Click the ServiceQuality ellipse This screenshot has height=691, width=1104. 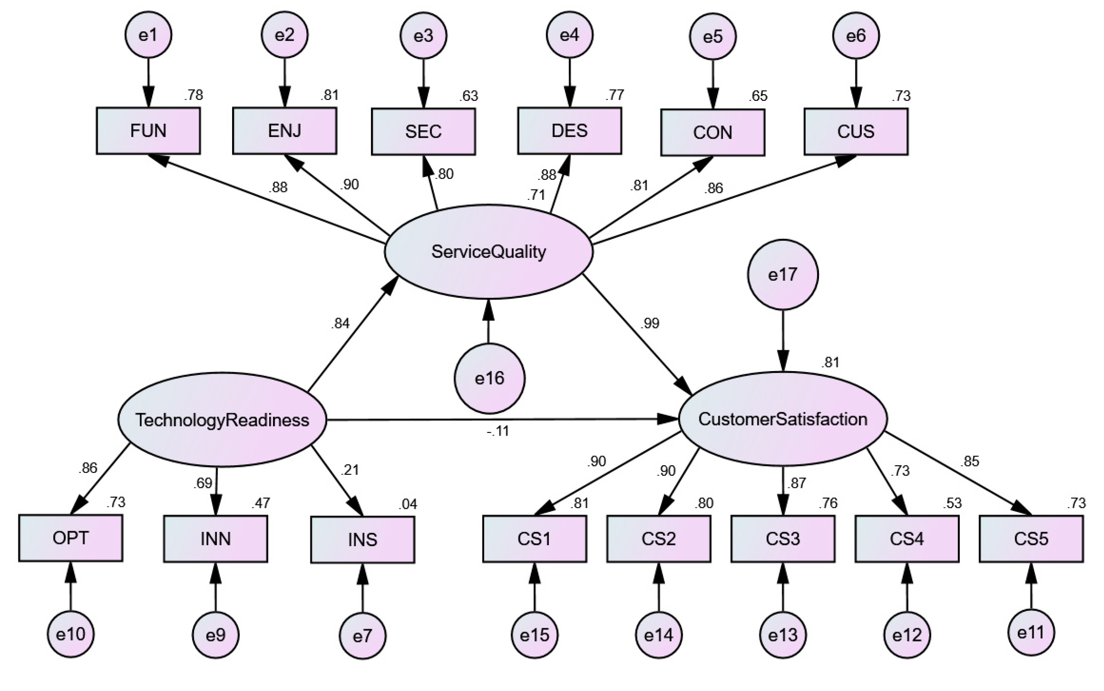489,251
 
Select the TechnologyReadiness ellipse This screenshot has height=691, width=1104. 222,420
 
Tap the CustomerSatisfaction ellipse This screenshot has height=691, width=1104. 783,419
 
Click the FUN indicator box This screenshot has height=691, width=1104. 148,131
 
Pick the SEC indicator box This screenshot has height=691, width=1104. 423,132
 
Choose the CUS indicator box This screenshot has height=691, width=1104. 856,132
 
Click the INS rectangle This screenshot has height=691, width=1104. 363,540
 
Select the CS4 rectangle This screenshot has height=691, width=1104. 907,539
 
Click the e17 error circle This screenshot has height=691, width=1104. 783,275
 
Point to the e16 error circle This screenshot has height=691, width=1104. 489,379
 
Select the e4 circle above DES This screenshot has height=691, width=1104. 569,35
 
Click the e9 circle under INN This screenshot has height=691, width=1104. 215,635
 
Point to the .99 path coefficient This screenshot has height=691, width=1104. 650,323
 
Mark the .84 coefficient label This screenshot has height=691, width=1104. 340,323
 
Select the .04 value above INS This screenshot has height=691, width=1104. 407,504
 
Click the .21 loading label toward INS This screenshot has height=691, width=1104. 350,469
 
